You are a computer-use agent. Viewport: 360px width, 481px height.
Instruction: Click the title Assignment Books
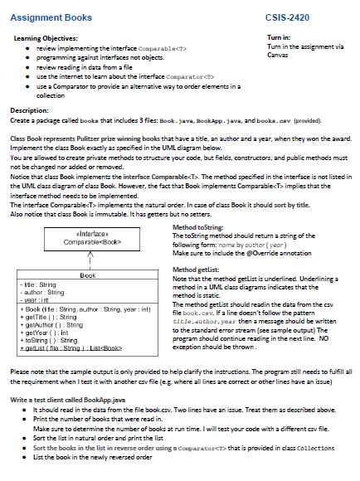[52, 17]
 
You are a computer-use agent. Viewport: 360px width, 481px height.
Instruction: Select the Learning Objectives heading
[46, 38]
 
